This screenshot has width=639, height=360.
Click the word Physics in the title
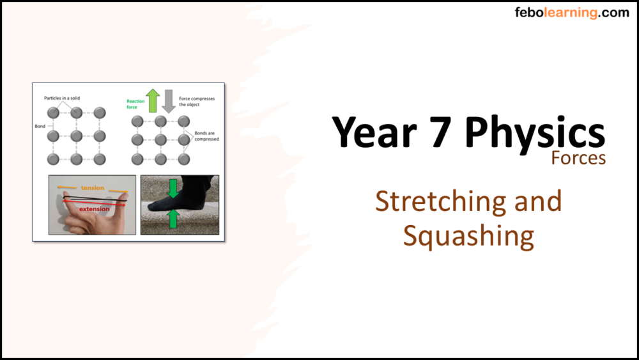pyautogui.click(x=534, y=132)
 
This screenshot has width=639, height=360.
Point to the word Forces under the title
pyautogui.click(x=578, y=157)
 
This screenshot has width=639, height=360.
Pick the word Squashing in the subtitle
pyautogui.click(x=468, y=236)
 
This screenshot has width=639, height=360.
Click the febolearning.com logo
pyautogui.click(x=572, y=13)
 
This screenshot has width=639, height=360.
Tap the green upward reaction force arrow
pyautogui.click(x=152, y=100)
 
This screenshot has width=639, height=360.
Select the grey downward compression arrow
pyautogui.click(x=169, y=101)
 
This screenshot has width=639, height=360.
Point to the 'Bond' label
pyautogui.click(x=40, y=127)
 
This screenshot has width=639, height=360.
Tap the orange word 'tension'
pyautogui.click(x=92, y=188)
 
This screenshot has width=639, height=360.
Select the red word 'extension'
pyautogui.click(x=94, y=208)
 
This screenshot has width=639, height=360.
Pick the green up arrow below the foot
pyautogui.click(x=171, y=219)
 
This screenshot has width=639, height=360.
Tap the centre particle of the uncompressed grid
pyautogui.click(x=77, y=136)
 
